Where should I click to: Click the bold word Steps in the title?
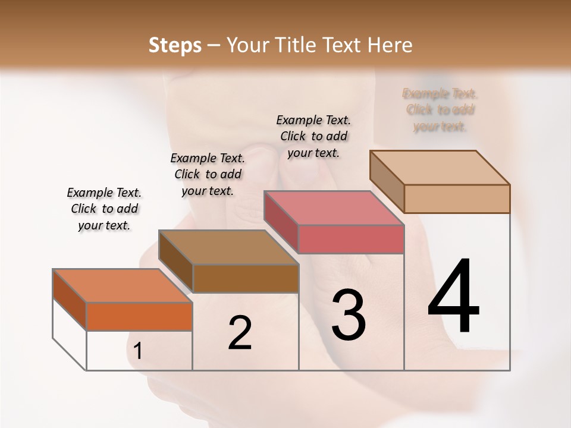click(x=175, y=45)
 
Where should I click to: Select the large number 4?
click(x=453, y=297)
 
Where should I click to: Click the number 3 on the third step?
click(x=349, y=314)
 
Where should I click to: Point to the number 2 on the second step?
click(x=240, y=332)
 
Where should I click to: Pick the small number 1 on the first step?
click(x=138, y=351)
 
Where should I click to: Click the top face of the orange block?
click(x=123, y=285)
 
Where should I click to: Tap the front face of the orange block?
click(x=139, y=316)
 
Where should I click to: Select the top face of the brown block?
click(x=228, y=247)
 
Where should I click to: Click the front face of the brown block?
click(x=246, y=278)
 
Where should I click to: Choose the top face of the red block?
click(x=334, y=208)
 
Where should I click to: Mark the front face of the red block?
click(x=351, y=239)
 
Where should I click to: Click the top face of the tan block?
click(x=440, y=167)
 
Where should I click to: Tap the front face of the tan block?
click(x=457, y=199)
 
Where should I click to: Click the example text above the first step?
click(x=104, y=209)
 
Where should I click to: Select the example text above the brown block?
click(x=208, y=174)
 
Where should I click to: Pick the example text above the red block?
click(x=314, y=136)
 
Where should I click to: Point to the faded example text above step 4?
click(x=440, y=110)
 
